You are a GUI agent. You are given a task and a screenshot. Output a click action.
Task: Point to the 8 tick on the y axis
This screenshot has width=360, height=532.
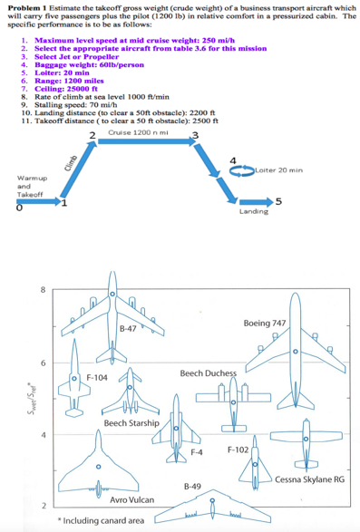(42, 290)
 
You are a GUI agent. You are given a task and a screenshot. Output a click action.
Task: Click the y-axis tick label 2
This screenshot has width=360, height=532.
(42, 506)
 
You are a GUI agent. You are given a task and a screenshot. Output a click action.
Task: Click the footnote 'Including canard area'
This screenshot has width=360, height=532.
(99, 521)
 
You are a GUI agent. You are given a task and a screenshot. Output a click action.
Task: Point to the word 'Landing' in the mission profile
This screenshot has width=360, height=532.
(253, 210)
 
